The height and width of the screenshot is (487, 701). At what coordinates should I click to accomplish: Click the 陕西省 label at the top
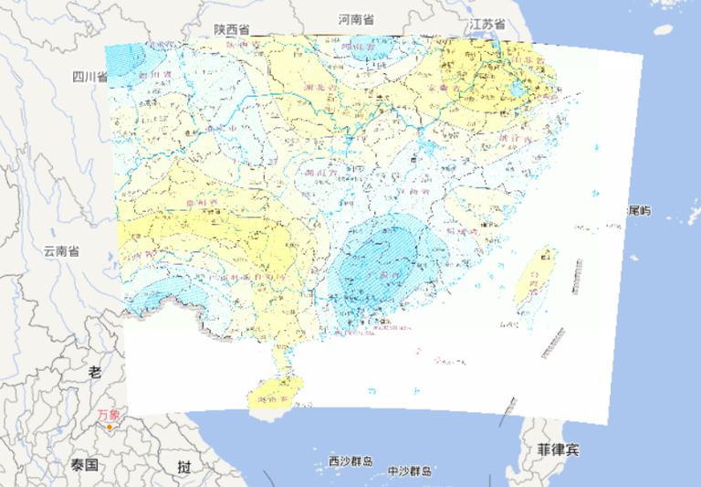[232, 29]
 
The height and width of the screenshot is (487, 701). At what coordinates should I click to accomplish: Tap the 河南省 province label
[356, 19]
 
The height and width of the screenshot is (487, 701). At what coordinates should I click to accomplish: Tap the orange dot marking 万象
[110, 427]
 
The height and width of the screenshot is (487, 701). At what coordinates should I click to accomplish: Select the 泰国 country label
[85, 465]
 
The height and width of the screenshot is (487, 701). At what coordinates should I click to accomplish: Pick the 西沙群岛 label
[350, 461]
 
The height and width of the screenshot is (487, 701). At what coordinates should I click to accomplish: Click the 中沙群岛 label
[409, 471]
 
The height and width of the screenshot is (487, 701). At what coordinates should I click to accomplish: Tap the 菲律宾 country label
[556, 450]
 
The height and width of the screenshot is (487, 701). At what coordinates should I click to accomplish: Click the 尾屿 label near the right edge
[639, 211]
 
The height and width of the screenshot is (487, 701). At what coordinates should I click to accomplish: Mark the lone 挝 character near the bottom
[185, 467]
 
